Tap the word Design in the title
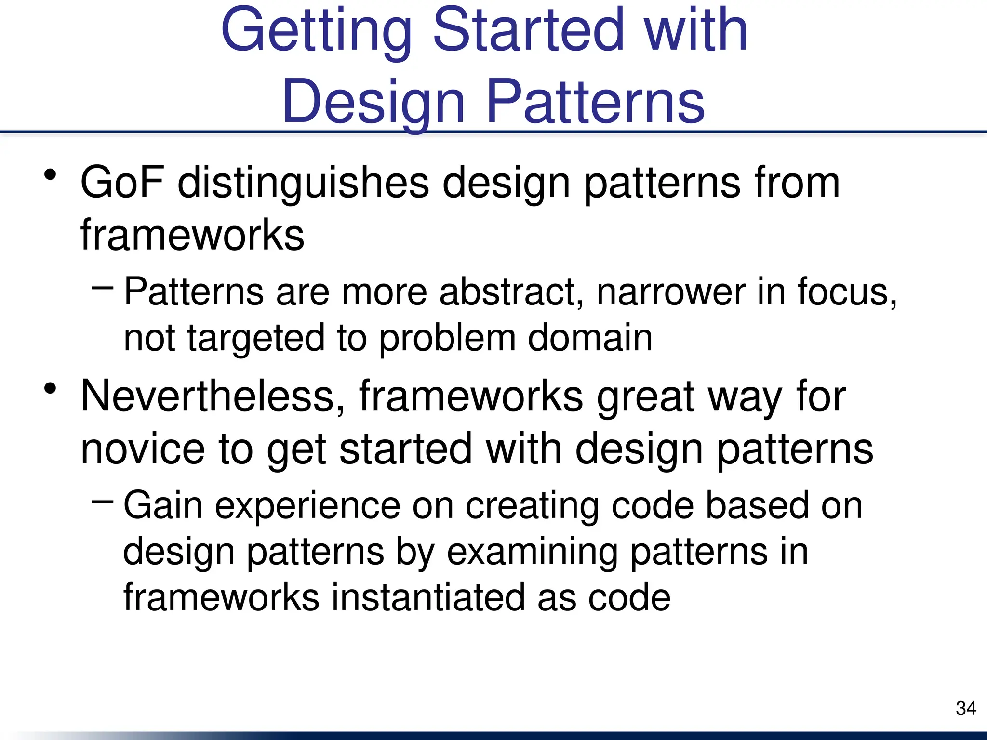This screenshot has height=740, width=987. click(373, 102)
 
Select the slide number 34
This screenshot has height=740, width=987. click(965, 708)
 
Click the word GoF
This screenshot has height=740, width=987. click(122, 183)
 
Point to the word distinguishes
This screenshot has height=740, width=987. click(303, 184)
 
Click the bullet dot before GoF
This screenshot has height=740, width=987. click(50, 174)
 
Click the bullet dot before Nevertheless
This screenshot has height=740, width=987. click(50, 388)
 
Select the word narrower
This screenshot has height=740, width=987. click(671, 292)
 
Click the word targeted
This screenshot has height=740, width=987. click(255, 339)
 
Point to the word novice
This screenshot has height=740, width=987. click(142, 449)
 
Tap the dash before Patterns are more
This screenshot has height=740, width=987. click(102, 288)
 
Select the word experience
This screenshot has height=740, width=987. click(307, 506)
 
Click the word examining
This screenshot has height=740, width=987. click(532, 552)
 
